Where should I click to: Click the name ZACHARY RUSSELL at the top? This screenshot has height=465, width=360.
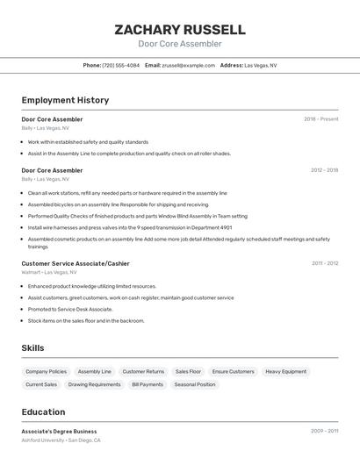(179, 30)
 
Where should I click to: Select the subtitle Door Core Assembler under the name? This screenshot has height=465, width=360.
(179, 44)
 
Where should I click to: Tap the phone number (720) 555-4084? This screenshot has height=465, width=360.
(120, 65)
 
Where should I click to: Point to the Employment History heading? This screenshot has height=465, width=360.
(65, 100)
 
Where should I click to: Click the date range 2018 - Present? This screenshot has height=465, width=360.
(320, 118)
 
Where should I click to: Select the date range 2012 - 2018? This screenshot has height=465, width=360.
(324, 170)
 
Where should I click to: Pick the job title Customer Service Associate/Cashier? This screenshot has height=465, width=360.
(76, 263)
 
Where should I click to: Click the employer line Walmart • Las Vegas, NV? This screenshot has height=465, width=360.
(49, 272)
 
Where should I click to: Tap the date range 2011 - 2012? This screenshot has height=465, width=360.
(324, 263)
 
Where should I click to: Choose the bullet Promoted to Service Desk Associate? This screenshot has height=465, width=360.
(70, 309)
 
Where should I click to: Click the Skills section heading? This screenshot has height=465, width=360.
(32, 348)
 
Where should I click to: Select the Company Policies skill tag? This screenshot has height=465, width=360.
(46, 371)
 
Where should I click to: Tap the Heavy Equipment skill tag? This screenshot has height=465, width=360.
(285, 371)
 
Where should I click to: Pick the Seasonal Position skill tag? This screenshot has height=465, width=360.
(194, 384)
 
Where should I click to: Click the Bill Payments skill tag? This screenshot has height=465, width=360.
(148, 384)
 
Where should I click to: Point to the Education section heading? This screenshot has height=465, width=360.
(43, 411)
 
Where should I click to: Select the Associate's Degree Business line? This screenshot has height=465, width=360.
(59, 431)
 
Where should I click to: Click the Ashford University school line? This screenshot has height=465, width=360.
(61, 440)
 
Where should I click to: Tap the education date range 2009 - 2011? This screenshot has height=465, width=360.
(324, 431)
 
